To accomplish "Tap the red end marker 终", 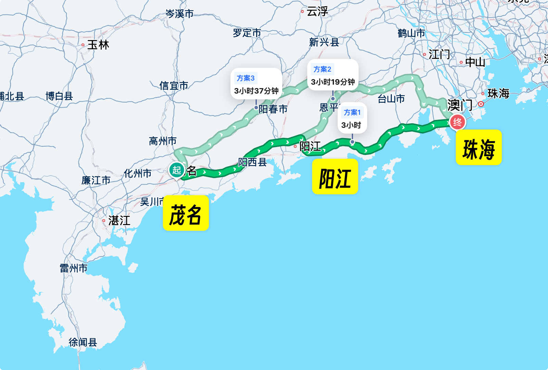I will point(458,122).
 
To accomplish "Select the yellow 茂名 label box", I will point(186,213).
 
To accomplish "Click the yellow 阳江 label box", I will point(335,177).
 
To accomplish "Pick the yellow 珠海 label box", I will point(478,147).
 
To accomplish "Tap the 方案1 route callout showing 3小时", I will point(352,118).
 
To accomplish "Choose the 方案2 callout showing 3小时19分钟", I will point(333,75).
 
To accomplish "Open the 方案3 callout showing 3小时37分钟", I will point(256,84).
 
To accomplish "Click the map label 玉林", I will point(98,45).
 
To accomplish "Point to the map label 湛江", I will point(119,221).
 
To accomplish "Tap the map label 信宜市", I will point(174,86).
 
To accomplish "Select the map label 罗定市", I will point(247,33).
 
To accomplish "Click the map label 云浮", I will point(317,12).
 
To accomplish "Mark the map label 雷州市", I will point(74,268).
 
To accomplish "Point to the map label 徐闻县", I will point(83,342).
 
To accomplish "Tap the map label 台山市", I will point(391,99).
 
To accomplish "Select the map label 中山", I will point(475,62).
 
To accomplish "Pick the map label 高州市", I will point(163,141).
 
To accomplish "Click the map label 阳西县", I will point(252,162).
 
